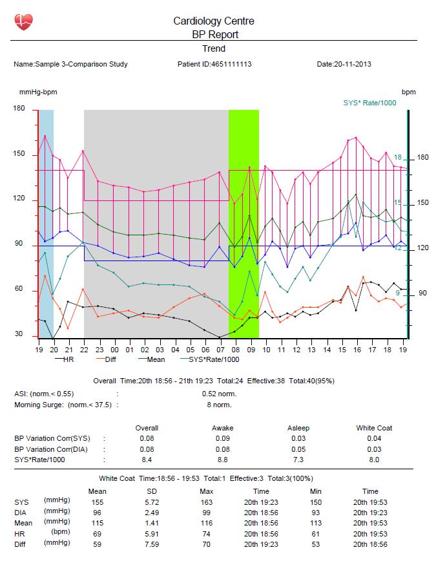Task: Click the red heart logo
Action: click(24, 22)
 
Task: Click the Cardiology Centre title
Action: click(214, 21)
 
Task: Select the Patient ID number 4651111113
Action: click(231, 64)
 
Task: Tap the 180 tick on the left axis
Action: click(19, 108)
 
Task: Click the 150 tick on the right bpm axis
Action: click(422, 202)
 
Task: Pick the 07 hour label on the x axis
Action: click(220, 350)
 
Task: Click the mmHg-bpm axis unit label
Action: click(38, 92)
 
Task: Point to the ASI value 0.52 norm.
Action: click(219, 394)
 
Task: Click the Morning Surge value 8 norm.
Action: click(219, 405)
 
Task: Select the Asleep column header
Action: click(298, 428)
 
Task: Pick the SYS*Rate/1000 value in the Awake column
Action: click(222, 460)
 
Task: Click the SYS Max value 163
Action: click(206, 502)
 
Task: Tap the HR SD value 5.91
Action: click(152, 534)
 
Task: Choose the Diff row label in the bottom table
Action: click(20, 544)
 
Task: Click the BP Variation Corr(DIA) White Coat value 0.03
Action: click(374, 449)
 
